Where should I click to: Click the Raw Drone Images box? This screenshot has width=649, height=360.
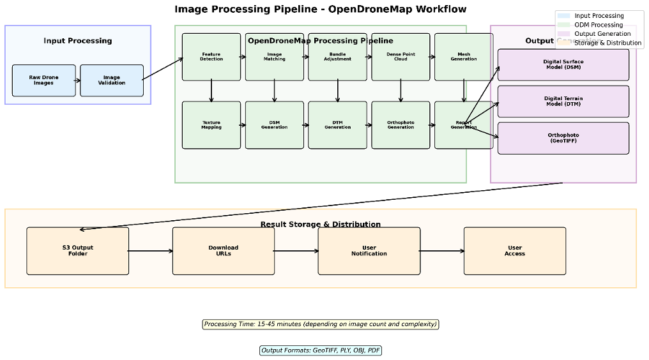click(x=43, y=80)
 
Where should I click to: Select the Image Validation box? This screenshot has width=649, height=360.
click(x=112, y=80)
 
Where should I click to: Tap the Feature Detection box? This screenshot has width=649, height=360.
click(x=211, y=57)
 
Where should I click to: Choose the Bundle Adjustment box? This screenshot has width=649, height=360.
click(x=337, y=57)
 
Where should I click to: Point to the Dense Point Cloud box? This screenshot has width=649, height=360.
click(x=401, y=57)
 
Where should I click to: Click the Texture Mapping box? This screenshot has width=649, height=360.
click(x=211, y=125)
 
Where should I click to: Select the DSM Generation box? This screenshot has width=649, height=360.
click(x=274, y=125)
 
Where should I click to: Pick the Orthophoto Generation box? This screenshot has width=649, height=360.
click(x=401, y=125)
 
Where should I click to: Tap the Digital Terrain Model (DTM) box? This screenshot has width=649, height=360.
click(x=563, y=101)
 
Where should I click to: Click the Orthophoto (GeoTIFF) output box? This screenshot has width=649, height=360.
click(x=563, y=138)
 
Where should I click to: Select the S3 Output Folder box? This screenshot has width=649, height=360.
click(x=78, y=251)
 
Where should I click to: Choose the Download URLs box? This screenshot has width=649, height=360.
click(x=224, y=251)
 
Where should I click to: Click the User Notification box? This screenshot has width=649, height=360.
click(x=369, y=251)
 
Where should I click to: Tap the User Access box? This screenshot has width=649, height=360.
click(x=515, y=251)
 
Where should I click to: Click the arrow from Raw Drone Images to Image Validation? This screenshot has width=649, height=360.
click(x=78, y=80)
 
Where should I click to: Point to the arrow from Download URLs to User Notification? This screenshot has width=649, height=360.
click(x=296, y=251)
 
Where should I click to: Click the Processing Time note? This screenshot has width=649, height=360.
click(x=321, y=324)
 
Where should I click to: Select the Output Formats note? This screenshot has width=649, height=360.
click(x=321, y=350)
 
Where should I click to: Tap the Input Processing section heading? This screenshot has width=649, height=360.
click(x=78, y=41)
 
